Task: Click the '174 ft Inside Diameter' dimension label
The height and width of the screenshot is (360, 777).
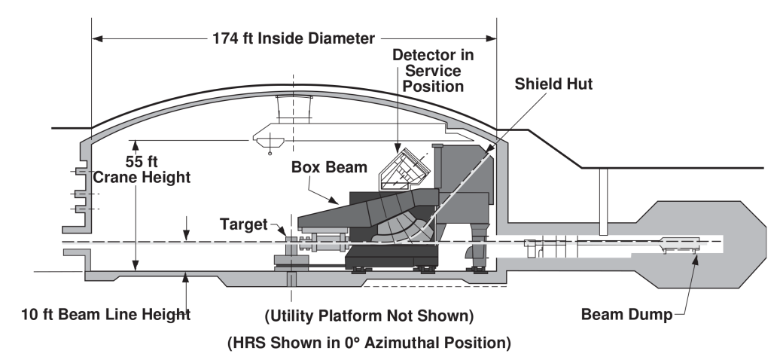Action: (294, 38)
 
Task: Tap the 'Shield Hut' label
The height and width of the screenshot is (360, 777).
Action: (553, 84)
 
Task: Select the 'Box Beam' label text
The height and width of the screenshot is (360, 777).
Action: (329, 167)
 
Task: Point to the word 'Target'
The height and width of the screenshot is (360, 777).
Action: (244, 224)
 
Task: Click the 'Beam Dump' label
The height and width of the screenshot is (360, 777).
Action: (627, 314)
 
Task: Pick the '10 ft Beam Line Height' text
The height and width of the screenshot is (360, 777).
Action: (106, 314)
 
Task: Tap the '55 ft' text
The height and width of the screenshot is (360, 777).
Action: (142, 162)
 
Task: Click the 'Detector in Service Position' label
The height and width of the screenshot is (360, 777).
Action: (433, 70)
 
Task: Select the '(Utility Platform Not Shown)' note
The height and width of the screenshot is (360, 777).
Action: (369, 316)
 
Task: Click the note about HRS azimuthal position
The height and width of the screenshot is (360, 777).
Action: (369, 343)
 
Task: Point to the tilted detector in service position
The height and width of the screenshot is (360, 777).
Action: (404, 169)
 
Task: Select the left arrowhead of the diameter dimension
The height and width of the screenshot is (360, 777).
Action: (98, 38)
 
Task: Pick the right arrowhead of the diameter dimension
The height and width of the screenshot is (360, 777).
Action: (491, 38)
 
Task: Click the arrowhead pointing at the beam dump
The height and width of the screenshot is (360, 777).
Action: (695, 259)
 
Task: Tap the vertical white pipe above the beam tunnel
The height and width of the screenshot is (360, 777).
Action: (603, 202)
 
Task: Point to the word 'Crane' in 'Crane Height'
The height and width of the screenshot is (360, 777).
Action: (116, 177)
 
